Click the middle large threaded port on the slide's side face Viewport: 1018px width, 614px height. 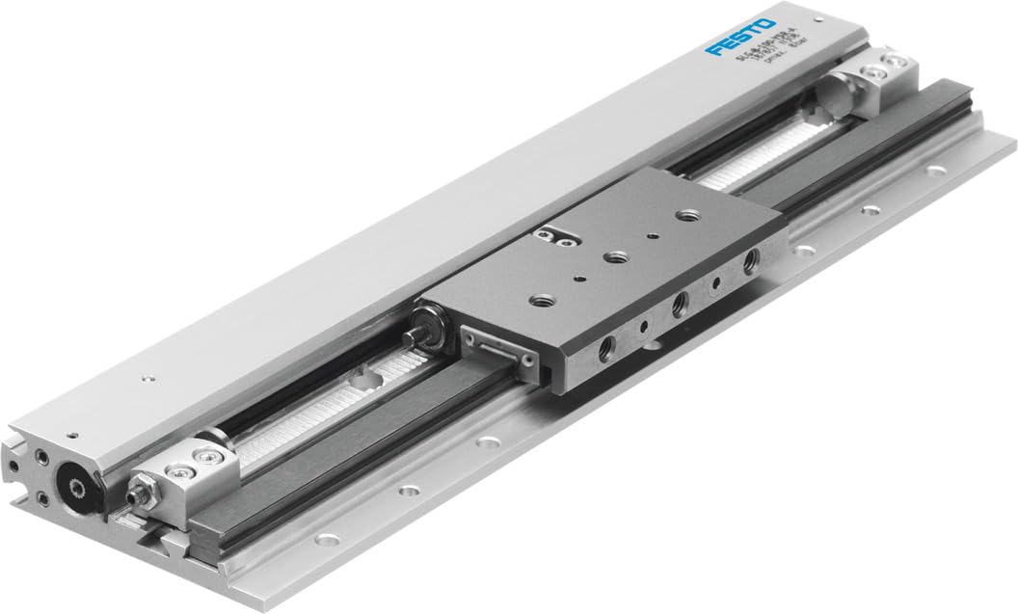[x=681, y=305]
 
